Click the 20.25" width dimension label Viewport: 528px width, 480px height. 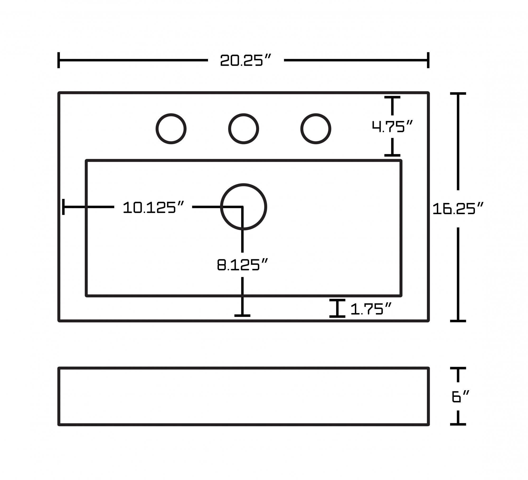click(x=246, y=60)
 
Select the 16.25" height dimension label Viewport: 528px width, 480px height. click(x=458, y=209)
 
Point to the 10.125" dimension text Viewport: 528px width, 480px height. click(x=153, y=207)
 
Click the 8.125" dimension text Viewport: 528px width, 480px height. click(x=242, y=265)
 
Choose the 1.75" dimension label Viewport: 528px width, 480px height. click(x=371, y=309)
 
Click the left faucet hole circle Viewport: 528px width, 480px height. click(x=171, y=129)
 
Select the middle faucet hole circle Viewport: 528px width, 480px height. click(x=243, y=129)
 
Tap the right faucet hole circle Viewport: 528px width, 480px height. click(x=316, y=129)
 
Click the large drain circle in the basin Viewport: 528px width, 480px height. click(x=243, y=207)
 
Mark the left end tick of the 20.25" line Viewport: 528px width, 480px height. click(x=59, y=60)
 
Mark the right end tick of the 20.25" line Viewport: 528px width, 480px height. click(x=428, y=60)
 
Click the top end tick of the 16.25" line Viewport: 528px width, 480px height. click(x=458, y=93)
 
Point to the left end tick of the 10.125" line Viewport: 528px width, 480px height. click(x=63, y=207)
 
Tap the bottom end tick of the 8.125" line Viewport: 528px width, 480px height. click(x=242, y=315)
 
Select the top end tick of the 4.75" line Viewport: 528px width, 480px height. click(x=392, y=97)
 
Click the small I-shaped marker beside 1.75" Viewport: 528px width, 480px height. click(x=337, y=308)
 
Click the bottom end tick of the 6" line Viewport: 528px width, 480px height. click(x=458, y=424)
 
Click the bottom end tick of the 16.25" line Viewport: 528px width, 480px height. click(x=458, y=321)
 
